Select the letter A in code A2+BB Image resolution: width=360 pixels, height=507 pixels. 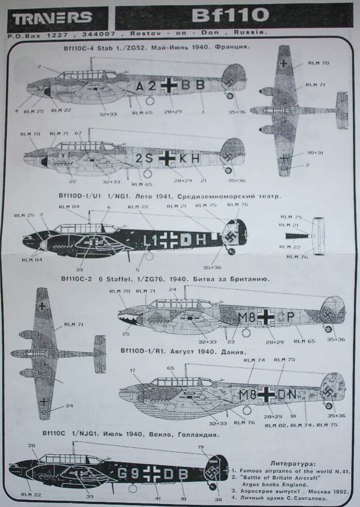tap(140, 85)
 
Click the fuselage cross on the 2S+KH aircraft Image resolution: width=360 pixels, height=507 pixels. tap(167, 156)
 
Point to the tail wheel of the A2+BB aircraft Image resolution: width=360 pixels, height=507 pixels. tap(230, 96)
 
